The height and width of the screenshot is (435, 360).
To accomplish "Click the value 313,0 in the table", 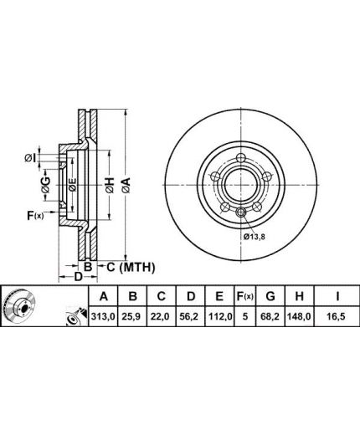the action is [x=103, y=316].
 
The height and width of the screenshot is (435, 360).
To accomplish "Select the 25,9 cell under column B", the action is [x=132, y=316].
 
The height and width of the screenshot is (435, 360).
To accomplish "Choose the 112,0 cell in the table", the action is [x=219, y=316].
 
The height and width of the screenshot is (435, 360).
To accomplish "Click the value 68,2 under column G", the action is [x=270, y=316].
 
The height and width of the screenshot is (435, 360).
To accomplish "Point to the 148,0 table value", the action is [x=299, y=316].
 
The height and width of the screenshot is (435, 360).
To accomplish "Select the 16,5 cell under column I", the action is [x=337, y=316].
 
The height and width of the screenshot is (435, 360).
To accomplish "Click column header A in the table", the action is [x=104, y=296].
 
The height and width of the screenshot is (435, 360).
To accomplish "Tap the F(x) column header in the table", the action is [x=245, y=296].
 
